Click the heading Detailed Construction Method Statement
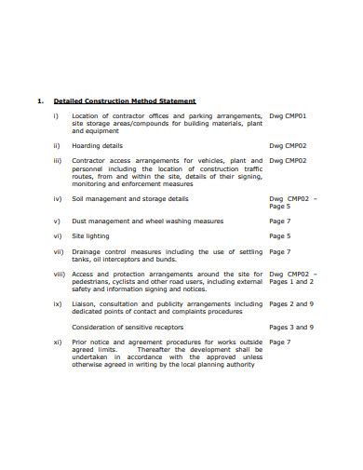coord(125,101)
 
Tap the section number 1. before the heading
coord(39,101)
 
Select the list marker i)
coord(56,115)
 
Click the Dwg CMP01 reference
coord(288,115)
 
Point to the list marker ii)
coord(56,145)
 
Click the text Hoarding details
coord(97,145)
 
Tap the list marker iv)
coord(57,198)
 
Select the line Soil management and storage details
coord(129,198)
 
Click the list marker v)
coord(57,222)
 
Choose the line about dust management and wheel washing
coord(147,222)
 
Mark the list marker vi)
coord(57,236)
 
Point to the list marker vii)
coord(58,251)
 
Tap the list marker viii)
coord(59,274)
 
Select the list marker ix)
coord(57,303)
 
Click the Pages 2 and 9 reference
coord(290,304)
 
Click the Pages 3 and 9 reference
coord(290,327)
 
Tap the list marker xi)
coord(57,342)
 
